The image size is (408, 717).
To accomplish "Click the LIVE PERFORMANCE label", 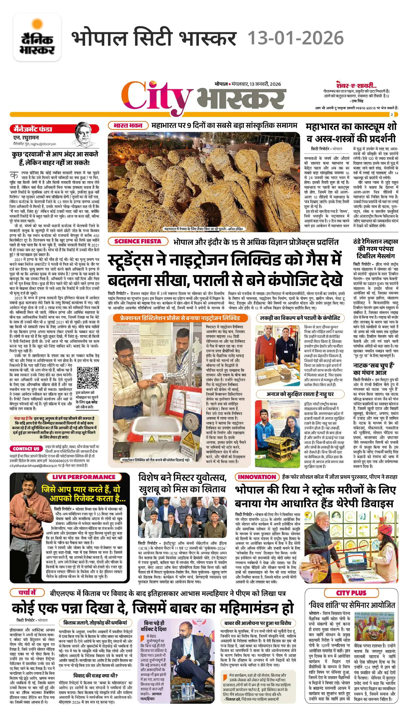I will [84, 477].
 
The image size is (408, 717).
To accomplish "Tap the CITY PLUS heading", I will [351, 593].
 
